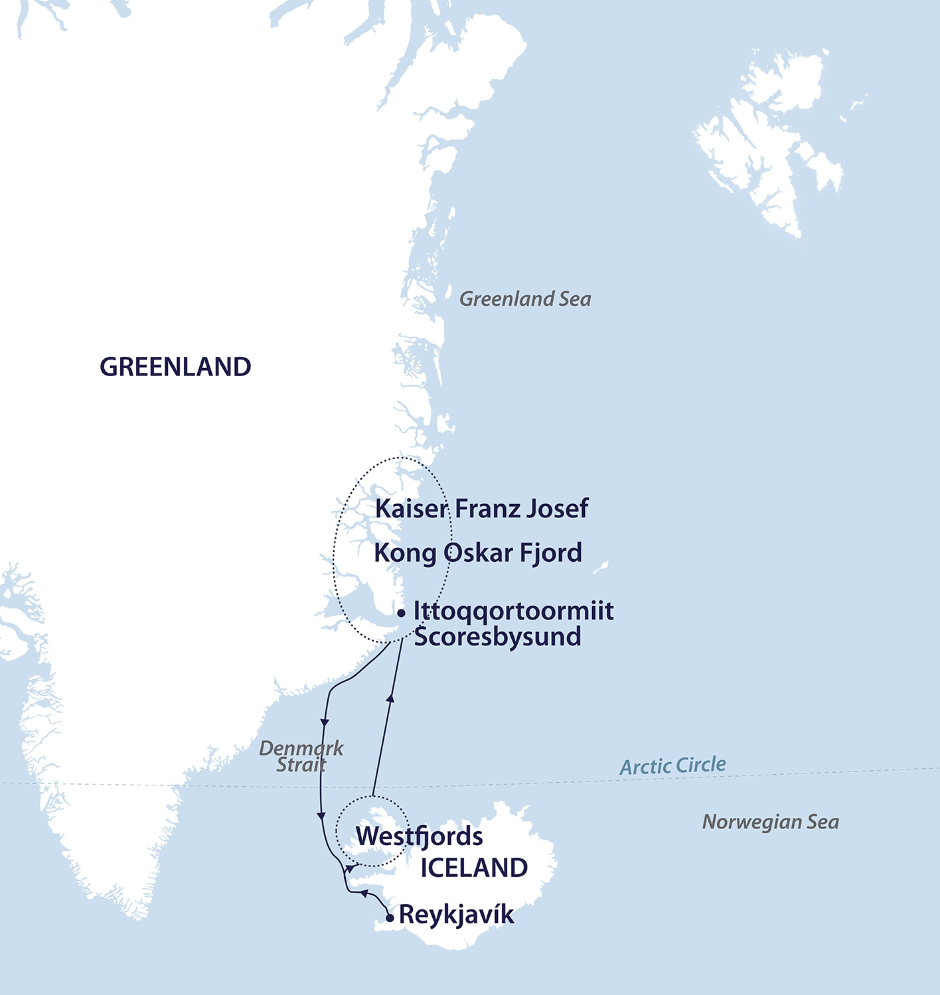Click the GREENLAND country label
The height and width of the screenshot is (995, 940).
tap(175, 367)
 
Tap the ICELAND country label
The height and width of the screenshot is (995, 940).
tap(474, 868)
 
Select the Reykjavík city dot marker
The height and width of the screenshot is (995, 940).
tap(390, 918)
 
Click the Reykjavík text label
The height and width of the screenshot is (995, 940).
tap(456, 915)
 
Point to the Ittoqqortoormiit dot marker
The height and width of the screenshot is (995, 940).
tap(401, 614)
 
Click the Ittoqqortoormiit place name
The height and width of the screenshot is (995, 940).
tap(513, 611)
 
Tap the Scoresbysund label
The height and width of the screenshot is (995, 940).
tap(497, 637)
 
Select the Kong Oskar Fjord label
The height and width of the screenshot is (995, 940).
tap(478, 553)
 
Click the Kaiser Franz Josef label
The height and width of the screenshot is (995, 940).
tap(481, 509)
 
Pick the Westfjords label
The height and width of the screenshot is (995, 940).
tap(420, 836)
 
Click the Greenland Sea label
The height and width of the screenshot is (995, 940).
tap(525, 299)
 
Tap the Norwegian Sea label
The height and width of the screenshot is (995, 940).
tap(771, 823)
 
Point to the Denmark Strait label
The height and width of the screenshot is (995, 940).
tap(301, 756)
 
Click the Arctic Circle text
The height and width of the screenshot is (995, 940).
tap(672, 766)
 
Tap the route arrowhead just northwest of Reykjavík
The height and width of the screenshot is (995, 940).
tap(364, 895)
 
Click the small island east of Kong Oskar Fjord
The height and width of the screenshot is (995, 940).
tap(601, 568)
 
